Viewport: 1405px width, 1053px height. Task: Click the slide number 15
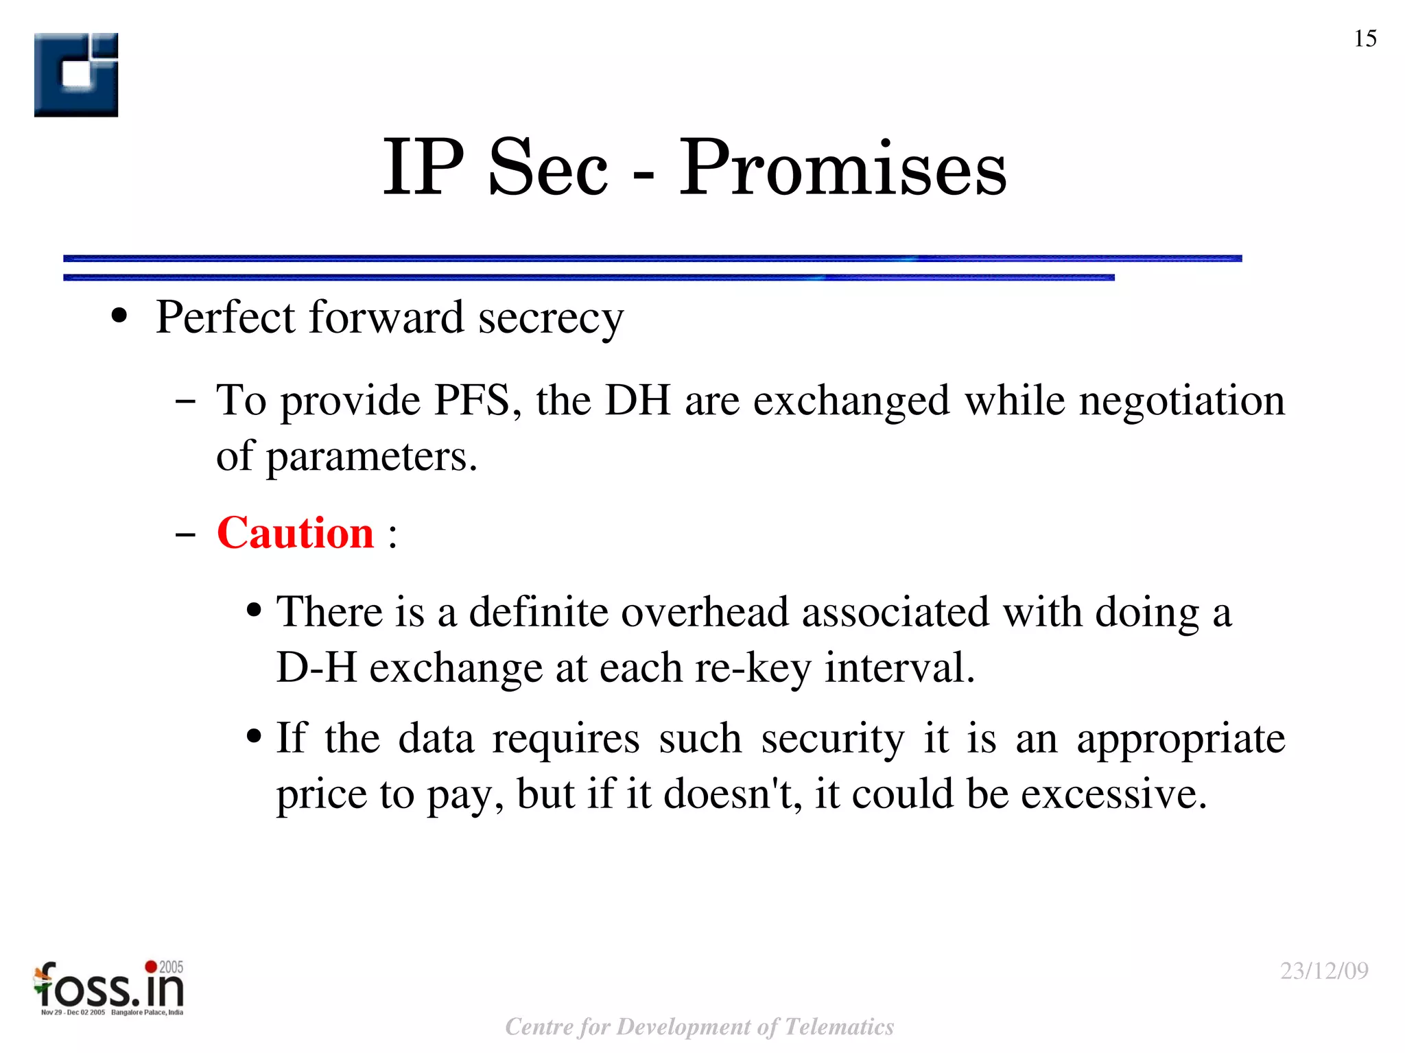[x=1365, y=38]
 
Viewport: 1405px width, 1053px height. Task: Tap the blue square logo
[x=76, y=75]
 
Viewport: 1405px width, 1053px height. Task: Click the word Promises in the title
[x=842, y=168]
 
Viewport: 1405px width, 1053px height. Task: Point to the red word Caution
[x=295, y=533]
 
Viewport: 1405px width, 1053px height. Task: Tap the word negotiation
[x=1181, y=400]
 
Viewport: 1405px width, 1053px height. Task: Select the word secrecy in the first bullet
[x=551, y=318]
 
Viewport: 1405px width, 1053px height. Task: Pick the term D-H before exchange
[x=316, y=667]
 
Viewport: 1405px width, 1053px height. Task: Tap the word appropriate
[x=1181, y=740]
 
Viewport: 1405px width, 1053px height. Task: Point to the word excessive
[x=1113, y=794]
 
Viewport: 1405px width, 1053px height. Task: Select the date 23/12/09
[x=1324, y=971]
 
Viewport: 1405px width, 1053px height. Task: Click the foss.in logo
[x=109, y=989]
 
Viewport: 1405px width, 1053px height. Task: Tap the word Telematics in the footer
[x=838, y=1027]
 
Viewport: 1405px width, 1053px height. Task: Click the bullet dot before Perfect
[x=119, y=317]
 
